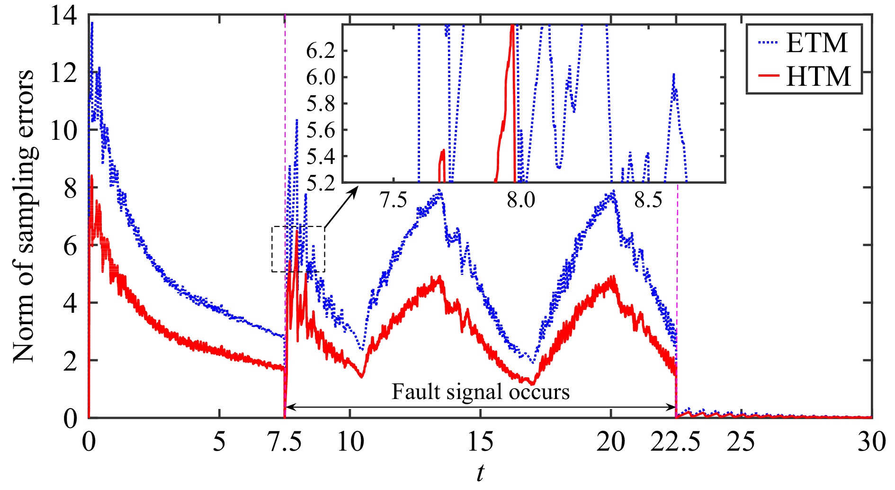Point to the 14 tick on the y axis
63,16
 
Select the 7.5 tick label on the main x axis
285,442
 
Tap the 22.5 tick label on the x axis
675,442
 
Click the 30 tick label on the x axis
871,442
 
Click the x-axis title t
480,473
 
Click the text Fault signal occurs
480,392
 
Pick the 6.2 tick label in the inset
321,51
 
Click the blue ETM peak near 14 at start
92,24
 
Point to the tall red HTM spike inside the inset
510,57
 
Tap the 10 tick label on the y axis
63,130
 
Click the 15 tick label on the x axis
480,442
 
